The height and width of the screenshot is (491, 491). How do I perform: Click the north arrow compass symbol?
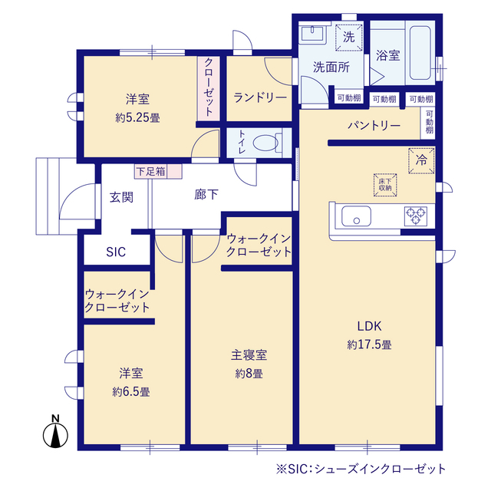[x=55, y=433]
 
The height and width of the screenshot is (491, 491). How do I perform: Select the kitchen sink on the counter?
[x=355, y=217]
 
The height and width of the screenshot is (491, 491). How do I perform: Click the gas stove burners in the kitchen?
[x=415, y=216]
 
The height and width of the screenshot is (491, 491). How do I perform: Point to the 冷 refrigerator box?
[x=421, y=161]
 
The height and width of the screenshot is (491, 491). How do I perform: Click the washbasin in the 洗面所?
[x=314, y=34]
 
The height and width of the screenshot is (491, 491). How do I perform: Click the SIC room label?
[x=116, y=251]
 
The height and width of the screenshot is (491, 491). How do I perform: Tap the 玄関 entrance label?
[x=121, y=197]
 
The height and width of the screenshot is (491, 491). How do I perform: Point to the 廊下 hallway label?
[x=206, y=195]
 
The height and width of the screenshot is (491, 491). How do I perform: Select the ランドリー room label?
[x=260, y=97]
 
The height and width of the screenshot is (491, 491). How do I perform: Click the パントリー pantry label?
[x=374, y=125]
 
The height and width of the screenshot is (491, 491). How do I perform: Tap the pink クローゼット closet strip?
[x=208, y=87]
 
